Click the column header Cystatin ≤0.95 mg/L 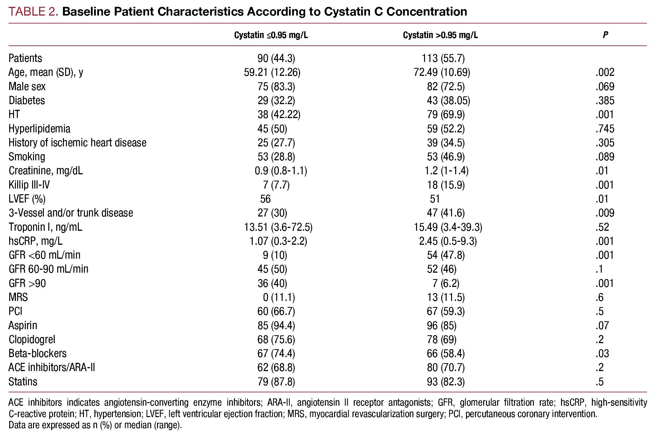coord(271,35)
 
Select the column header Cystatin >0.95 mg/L coord(440,35)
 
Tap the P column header coord(605,35)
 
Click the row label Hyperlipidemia coord(39,129)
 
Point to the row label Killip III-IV coord(29,185)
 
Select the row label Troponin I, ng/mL coord(45,227)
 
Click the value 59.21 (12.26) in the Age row coord(272,72)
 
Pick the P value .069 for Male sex coord(605,86)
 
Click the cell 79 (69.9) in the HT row coord(446,115)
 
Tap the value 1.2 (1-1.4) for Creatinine coord(444,171)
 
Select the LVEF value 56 coord(265,199)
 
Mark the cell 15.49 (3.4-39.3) coord(448,227)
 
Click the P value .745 coord(605,129)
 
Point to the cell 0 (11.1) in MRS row coord(276,297)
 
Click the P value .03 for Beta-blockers coord(602,353)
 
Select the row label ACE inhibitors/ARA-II coord(52,368)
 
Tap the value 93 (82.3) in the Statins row coord(446,382)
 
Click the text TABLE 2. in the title coord(33,12)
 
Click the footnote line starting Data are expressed coord(95,425)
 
